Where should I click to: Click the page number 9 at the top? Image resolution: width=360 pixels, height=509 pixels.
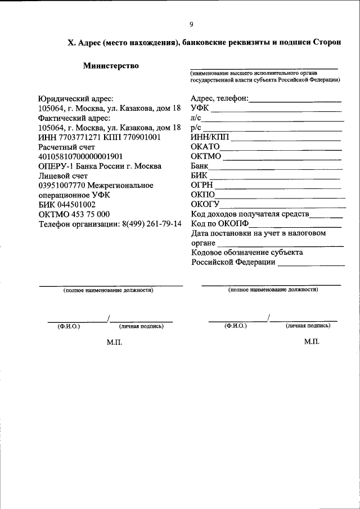coord(191,24)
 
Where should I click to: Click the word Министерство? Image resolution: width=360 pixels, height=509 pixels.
coord(111,66)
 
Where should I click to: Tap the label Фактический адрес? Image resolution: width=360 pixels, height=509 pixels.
coord(74,118)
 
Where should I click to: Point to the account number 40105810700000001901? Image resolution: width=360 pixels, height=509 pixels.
coord(80,156)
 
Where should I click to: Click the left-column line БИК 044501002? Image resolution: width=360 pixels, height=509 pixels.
coord(66,205)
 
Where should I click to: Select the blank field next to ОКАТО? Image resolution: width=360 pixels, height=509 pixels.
coord(281,148)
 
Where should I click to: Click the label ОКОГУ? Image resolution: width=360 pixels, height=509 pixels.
coord(205,204)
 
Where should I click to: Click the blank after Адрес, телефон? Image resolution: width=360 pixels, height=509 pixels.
coord(295,100)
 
